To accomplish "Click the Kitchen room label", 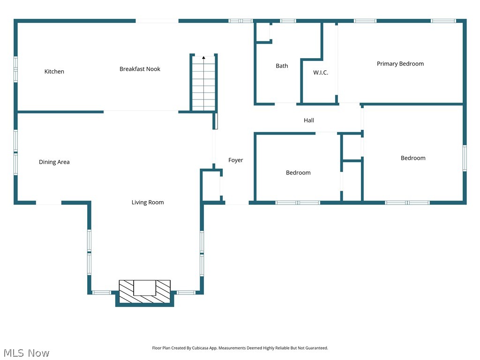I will pyautogui.click(x=54, y=72).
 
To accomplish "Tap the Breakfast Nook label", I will pyautogui.click(x=140, y=69).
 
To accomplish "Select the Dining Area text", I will pyautogui.click(x=54, y=162).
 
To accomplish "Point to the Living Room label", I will pyautogui.click(x=148, y=202).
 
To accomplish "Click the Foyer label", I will pyautogui.click(x=236, y=160).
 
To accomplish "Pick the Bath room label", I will pyautogui.click(x=282, y=66).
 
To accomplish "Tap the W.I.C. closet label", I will pyautogui.click(x=321, y=73).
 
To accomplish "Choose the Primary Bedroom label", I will pyautogui.click(x=400, y=64).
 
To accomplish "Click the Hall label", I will pyautogui.click(x=309, y=120).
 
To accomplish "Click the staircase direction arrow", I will pyautogui.click(x=203, y=58).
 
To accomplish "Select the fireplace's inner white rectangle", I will pyautogui.click(x=144, y=288).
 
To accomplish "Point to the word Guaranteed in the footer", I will pyautogui.click(x=315, y=348).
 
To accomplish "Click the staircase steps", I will pyautogui.click(x=203, y=84).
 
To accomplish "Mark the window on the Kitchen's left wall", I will pyautogui.click(x=15, y=69).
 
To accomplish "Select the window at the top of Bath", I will pyautogui.click(x=288, y=21).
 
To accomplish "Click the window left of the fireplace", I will pyautogui.click(x=101, y=292).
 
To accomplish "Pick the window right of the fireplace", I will pyautogui.click(x=186, y=292).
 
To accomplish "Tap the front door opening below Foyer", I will pyautogui.click(x=237, y=203).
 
